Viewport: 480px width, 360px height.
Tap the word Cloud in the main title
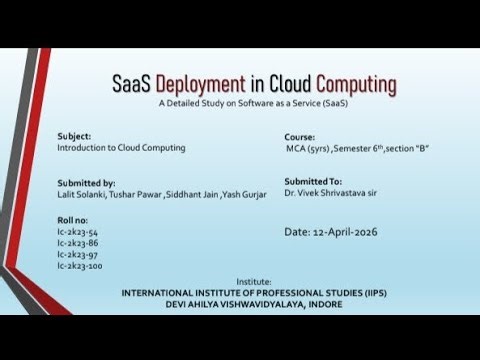click(284, 83)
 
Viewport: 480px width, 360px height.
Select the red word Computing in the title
click(356, 83)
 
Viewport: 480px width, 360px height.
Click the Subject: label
click(75, 136)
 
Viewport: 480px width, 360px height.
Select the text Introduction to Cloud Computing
click(121, 147)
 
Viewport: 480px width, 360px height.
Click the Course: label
click(301, 136)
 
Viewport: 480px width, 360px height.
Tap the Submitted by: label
click(87, 183)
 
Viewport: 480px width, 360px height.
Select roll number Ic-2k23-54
click(78, 232)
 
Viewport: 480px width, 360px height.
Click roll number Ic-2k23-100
click(80, 266)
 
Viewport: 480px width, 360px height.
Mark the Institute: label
click(253, 282)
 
